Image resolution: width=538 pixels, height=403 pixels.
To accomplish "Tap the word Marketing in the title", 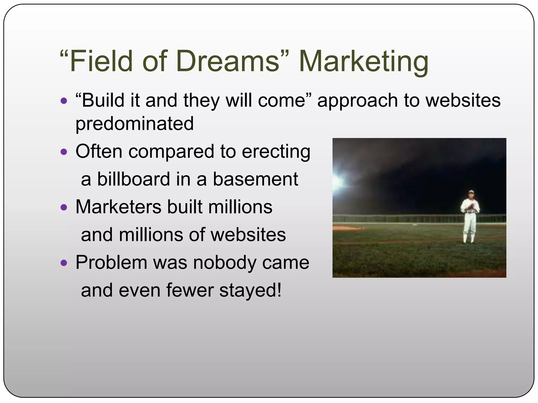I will click(x=364, y=62).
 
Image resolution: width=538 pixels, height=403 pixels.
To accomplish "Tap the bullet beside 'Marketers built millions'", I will click(x=64, y=207).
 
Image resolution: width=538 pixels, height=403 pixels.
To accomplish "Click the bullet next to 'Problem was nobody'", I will click(x=64, y=263).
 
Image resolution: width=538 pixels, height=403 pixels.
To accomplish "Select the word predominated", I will click(x=134, y=124).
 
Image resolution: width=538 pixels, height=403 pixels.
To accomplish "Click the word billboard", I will click(x=133, y=179).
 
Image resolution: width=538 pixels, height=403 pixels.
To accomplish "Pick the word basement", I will click(x=255, y=179).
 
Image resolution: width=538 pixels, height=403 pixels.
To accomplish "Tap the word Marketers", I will click(x=118, y=207).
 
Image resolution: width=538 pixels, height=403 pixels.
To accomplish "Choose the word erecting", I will click(x=276, y=152).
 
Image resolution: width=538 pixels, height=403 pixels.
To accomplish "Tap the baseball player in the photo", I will click(x=469, y=217).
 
